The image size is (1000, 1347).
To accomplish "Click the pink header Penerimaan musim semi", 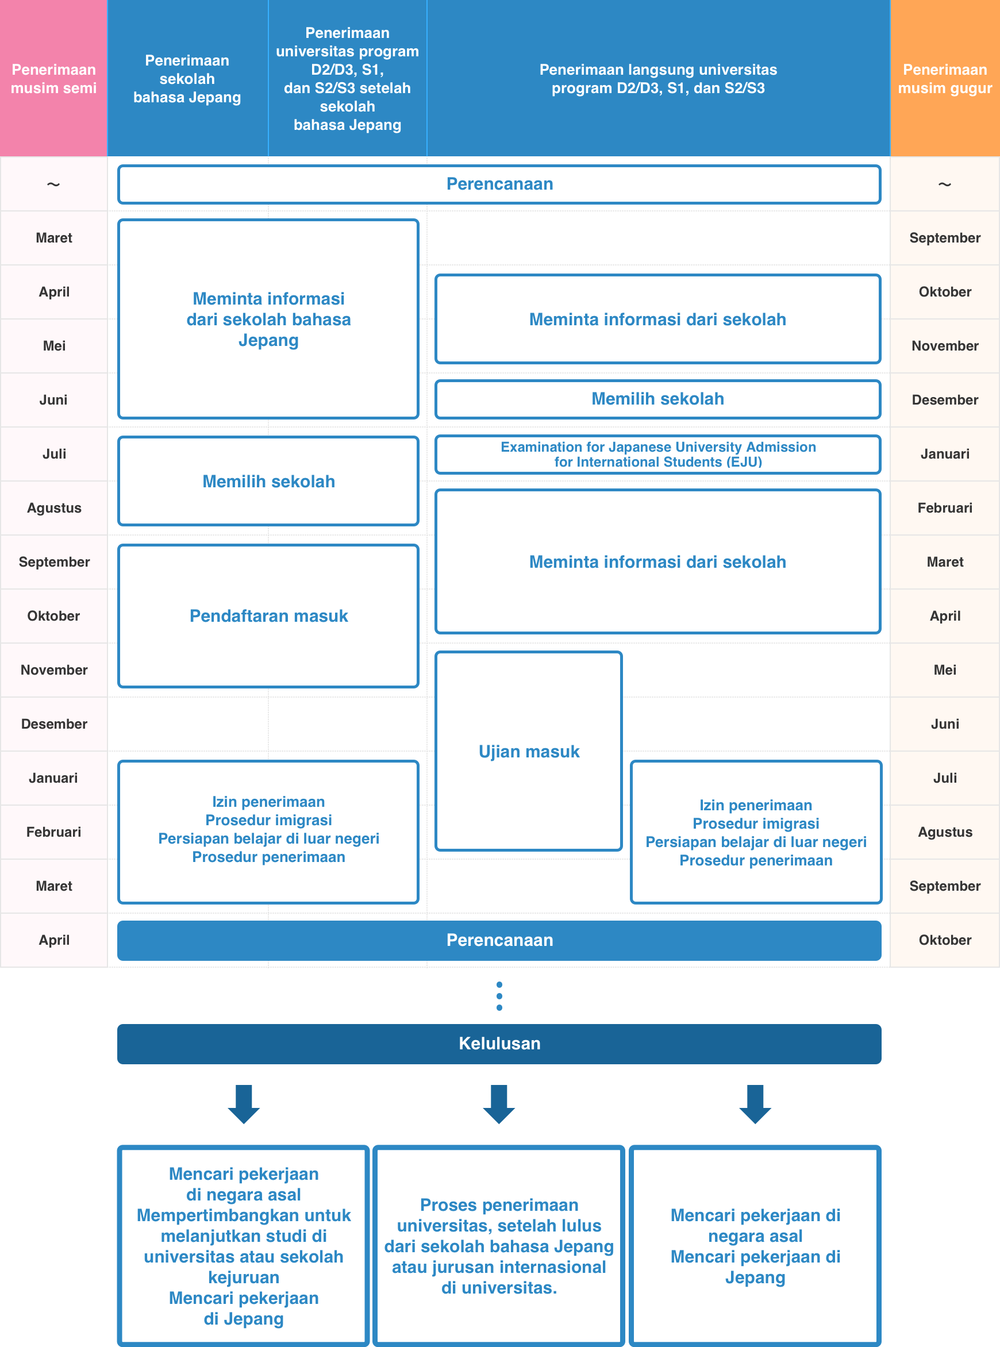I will pyautogui.click(x=53, y=79).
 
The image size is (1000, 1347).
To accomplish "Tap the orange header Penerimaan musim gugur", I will pyautogui.click(x=944, y=79).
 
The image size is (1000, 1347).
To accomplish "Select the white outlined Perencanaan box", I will pyautogui.click(x=499, y=184).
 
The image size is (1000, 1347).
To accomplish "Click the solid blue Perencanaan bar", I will pyautogui.click(x=499, y=940).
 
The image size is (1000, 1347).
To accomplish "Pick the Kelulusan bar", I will pyautogui.click(x=499, y=1043).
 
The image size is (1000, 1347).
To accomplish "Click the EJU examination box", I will pyautogui.click(x=657, y=455).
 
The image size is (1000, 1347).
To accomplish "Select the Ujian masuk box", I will pyautogui.click(x=529, y=751).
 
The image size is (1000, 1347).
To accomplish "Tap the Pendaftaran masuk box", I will pyautogui.click(x=268, y=615).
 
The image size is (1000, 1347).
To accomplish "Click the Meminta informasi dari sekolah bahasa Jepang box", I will pyautogui.click(x=268, y=319).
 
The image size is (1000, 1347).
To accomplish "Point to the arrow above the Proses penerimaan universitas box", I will pyautogui.click(x=499, y=1104).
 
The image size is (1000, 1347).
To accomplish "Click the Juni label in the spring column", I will pyautogui.click(x=53, y=399).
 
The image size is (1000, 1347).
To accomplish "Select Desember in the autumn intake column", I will pyautogui.click(x=944, y=399).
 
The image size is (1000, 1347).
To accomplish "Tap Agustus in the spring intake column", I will pyautogui.click(x=54, y=507).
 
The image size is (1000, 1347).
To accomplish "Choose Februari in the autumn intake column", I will pyautogui.click(x=944, y=507).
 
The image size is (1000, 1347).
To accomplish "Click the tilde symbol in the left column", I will pyautogui.click(x=53, y=184).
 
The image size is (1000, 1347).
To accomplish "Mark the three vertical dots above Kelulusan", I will pyautogui.click(x=499, y=996).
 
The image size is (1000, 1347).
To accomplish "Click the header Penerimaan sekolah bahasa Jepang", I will pyautogui.click(x=187, y=79).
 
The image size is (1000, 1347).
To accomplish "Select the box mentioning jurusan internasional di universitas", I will pyautogui.click(x=499, y=1245).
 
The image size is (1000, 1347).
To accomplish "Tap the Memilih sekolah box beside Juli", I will pyautogui.click(x=268, y=481).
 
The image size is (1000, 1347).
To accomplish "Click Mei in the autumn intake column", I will pyautogui.click(x=944, y=670).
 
